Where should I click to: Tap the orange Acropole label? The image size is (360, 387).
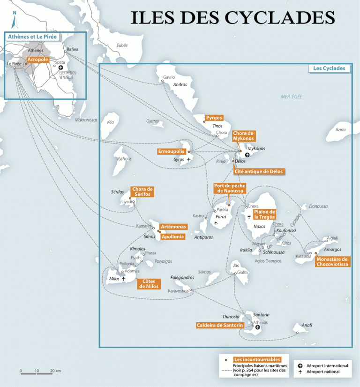point(38,60)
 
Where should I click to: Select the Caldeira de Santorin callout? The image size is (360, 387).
point(220,325)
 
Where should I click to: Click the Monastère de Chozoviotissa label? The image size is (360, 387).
point(332,261)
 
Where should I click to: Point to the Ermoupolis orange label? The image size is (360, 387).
point(171,151)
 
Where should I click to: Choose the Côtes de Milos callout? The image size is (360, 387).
point(148,283)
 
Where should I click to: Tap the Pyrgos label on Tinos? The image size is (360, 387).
point(214,118)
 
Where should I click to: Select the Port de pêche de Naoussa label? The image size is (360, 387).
point(229,188)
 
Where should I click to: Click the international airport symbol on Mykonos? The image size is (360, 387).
point(247,155)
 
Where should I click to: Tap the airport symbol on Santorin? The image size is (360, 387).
point(257,327)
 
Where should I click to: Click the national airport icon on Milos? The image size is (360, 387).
point(124,279)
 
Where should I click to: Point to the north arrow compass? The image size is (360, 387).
point(15,21)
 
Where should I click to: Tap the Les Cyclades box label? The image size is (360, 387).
point(329,68)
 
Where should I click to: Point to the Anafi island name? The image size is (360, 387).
point(307,325)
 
